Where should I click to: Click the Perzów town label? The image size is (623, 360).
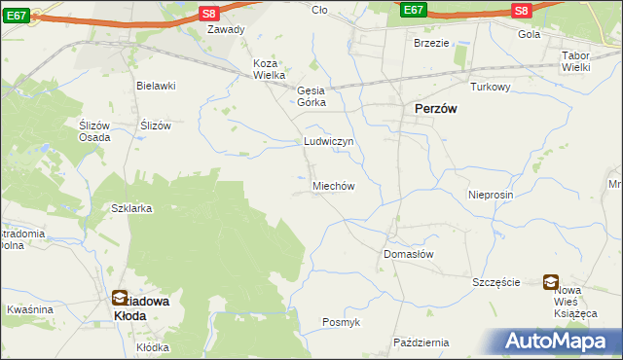pos(437,109)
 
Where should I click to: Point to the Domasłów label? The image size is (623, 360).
pos(408,253)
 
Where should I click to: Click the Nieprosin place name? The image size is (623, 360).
pos(490,195)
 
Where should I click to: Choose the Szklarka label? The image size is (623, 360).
pos(131,208)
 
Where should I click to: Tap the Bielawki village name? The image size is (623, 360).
pos(156,86)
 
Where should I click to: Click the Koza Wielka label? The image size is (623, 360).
pos(269,69)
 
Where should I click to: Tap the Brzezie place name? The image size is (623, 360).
pos(431,43)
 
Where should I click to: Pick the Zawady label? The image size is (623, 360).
pos(225,29)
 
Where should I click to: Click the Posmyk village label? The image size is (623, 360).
pos(341,322)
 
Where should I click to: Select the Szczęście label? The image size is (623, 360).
pos(497,282)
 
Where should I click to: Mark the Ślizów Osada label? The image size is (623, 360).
pos(94,131)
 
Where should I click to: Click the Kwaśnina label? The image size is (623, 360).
pos(29,309)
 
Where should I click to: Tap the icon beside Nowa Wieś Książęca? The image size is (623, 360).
pos(551,282)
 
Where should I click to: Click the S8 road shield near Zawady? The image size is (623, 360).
pos(208,12)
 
